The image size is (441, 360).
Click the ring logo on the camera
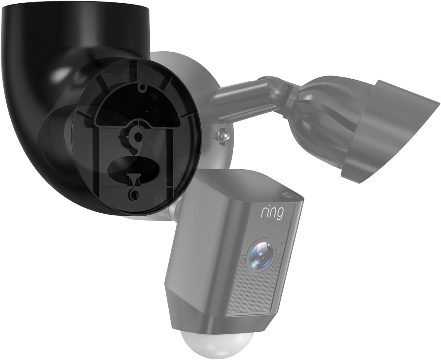[x=271, y=213]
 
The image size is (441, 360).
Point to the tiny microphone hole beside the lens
[x=281, y=244]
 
